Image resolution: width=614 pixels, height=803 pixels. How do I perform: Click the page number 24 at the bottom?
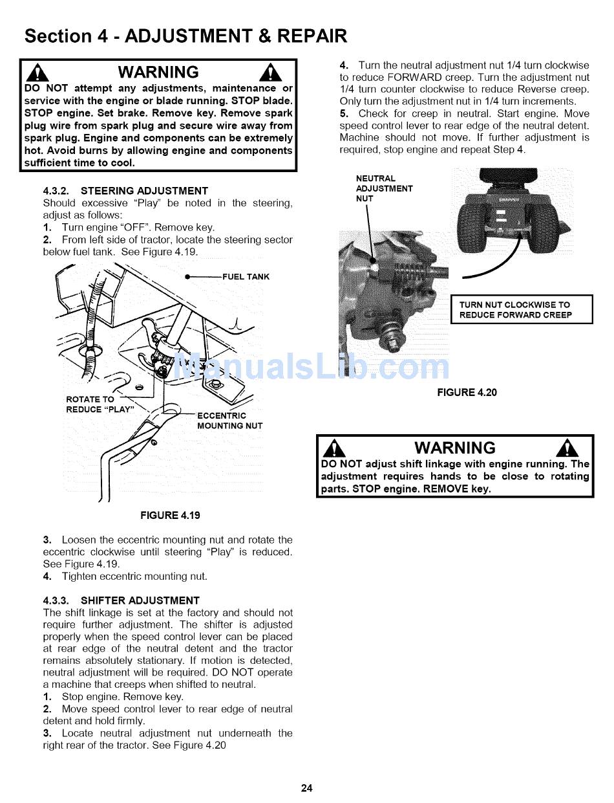306,787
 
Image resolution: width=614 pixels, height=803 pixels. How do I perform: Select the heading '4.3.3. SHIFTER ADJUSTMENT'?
121,600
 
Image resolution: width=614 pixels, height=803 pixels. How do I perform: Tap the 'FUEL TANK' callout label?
246,277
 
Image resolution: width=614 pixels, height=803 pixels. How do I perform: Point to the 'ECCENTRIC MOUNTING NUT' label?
229,421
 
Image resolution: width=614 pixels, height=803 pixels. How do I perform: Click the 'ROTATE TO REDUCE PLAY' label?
100,404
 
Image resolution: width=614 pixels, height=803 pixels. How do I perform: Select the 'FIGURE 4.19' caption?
171,516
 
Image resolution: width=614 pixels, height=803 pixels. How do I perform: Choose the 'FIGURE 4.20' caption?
467,393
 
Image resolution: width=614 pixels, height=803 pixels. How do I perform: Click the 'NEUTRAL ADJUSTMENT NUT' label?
384,188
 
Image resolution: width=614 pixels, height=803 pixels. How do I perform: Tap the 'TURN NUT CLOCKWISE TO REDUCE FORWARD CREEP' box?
521,310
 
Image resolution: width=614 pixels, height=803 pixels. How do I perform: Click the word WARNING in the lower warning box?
455,448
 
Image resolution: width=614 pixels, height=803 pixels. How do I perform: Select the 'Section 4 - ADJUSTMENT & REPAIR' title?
185,36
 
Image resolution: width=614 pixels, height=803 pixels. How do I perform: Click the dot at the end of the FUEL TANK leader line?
187,277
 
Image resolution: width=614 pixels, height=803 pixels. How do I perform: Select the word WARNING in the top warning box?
158,72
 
